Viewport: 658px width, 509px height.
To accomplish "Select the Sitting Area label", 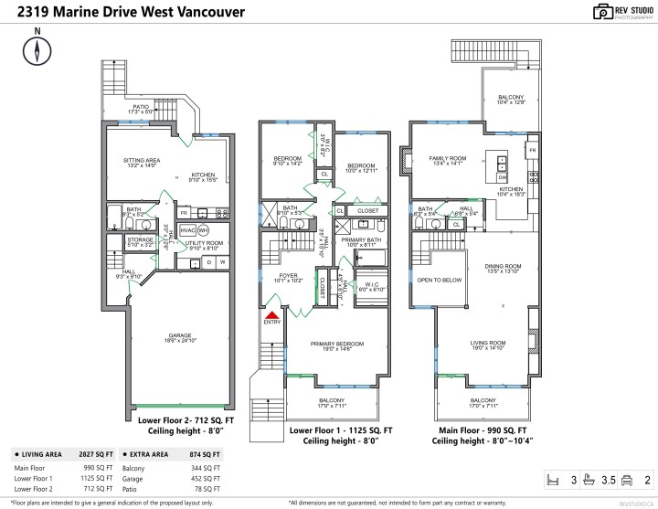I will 141,163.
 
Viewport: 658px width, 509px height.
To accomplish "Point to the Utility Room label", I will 206,245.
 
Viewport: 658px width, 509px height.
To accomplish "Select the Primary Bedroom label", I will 336,345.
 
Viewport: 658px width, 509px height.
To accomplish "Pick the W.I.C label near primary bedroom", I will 371,285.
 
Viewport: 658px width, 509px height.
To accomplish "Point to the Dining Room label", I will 502,268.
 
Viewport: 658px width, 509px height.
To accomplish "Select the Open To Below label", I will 436,281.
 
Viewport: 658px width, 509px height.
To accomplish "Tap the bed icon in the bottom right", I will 549,478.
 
